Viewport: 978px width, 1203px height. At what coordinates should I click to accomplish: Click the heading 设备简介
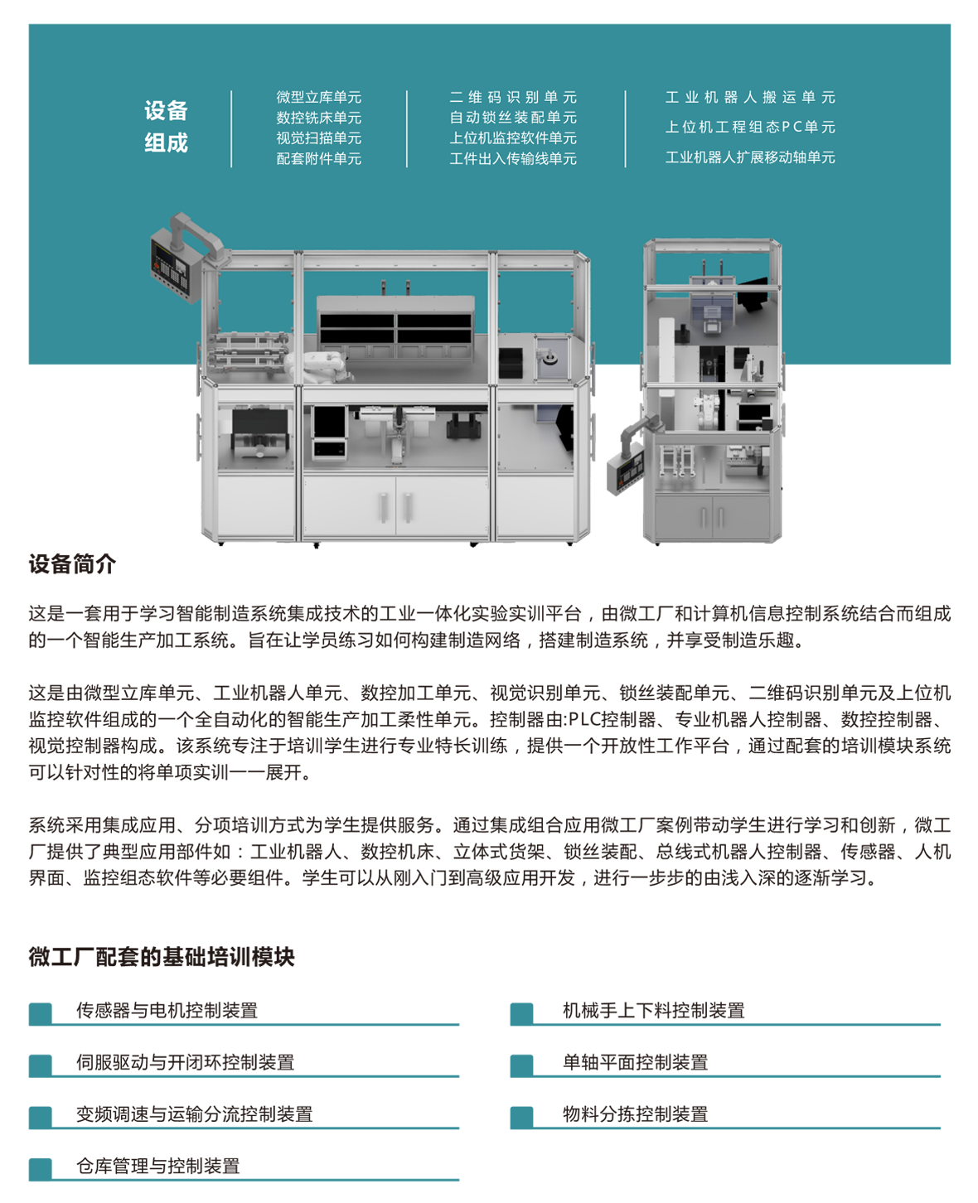[72, 563]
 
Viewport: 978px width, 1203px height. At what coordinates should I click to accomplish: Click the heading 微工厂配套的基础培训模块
[162, 956]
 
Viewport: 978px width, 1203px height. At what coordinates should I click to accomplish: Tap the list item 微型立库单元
[318, 97]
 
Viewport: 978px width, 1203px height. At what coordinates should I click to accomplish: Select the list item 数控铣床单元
[318, 118]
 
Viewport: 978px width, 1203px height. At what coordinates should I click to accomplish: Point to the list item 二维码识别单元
[513, 97]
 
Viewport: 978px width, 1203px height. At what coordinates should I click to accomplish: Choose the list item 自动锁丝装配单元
[513, 118]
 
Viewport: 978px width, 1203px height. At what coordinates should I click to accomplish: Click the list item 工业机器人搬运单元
[750, 97]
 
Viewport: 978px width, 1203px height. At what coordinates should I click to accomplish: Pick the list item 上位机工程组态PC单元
[750, 127]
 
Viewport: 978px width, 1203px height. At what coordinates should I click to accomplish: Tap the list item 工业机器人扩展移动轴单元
[750, 157]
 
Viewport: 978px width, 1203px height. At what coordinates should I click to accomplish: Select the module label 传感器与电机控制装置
[167, 1010]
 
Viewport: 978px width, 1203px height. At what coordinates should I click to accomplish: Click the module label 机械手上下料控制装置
[654, 1010]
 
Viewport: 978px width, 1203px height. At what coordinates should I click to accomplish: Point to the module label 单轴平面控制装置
[636, 1062]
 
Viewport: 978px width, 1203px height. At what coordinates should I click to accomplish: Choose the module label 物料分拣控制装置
[636, 1114]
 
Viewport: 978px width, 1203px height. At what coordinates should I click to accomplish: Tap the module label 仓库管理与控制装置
[158, 1166]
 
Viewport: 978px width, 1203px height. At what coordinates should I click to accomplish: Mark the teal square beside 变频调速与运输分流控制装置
[40, 1117]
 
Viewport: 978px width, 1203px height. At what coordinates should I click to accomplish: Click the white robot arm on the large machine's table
[319, 366]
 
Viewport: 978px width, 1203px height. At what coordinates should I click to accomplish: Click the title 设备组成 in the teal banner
[166, 127]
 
